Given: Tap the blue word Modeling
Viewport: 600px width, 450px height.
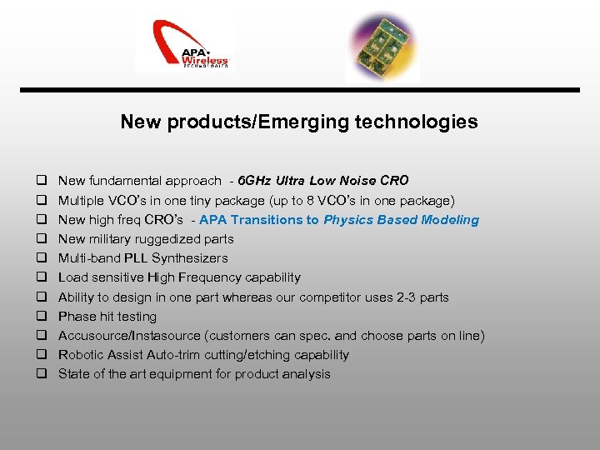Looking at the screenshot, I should coord(451,220).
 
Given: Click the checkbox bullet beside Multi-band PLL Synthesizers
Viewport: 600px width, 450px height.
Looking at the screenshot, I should coord(39,258).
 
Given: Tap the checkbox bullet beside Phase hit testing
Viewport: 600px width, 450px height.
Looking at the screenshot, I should coord(39,317).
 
